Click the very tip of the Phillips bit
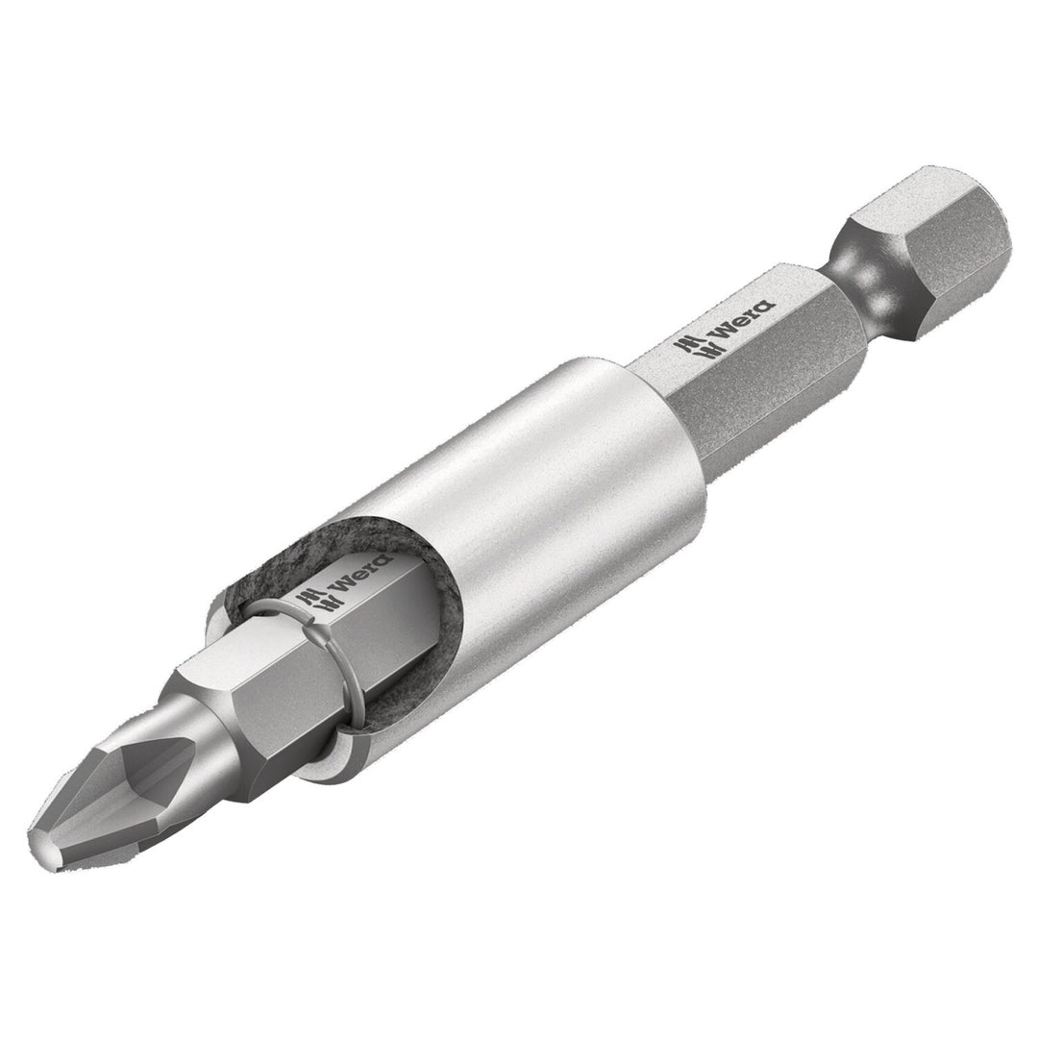click(x=44, y=850)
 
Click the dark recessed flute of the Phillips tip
click(x=144, y=769)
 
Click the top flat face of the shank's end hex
click(x=923, y=197)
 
